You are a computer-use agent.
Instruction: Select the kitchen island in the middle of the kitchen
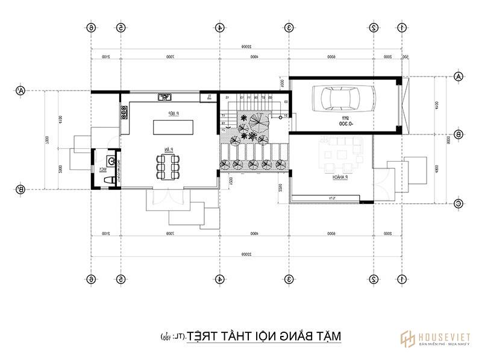[x=171, y=127]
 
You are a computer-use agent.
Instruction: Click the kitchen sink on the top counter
[x=163, y=96]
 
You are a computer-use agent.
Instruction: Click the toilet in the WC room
[x=110, y=162]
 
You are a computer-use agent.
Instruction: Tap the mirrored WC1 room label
[x=103, y=170]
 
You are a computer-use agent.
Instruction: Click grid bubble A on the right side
[x=458, y=77]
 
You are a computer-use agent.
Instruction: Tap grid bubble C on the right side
[x=458, y=204]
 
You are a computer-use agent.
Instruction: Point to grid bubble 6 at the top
[x=91, y=28]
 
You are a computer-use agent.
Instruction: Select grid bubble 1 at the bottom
[x=401, y=279]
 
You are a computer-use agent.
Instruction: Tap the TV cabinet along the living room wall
[x=330, y=198]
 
